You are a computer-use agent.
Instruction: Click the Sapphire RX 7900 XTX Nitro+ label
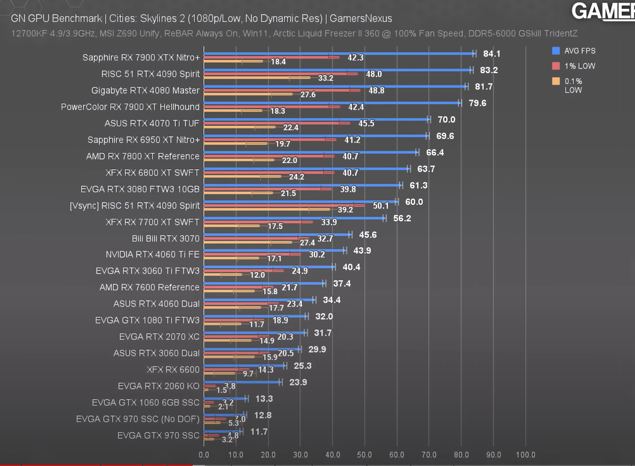click(141, 57)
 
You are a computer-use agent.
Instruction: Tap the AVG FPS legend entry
click(580, 51)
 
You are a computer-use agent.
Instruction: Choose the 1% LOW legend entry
click(580, 66)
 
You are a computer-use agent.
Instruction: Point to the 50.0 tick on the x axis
click(364, 455)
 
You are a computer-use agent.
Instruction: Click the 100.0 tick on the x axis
click(525, 455)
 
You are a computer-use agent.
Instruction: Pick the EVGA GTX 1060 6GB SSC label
click(146, 403)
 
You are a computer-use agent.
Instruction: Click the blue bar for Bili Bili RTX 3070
click(277, 235)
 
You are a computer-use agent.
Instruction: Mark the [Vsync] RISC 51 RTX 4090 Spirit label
click(135, 206)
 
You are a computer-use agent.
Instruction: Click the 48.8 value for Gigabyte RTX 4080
click(376, 91)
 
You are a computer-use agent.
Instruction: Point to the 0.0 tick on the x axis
click(204, 455)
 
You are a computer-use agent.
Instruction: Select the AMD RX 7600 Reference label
click(149, 288)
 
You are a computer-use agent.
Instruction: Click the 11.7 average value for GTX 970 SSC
click(259, 432)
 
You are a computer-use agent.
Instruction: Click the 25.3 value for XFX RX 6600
click(303, 366)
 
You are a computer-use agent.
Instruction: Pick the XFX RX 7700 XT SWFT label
click(152, 222)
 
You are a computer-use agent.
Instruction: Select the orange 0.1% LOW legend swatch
click(556, 81)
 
